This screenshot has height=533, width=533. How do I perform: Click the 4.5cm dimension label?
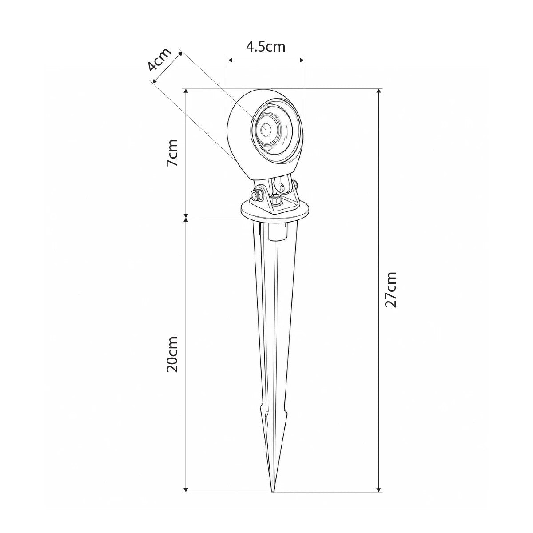pos(266,47)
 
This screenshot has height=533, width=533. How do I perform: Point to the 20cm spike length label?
pos(172,354)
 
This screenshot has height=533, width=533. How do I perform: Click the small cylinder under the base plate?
pos(278,232)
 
